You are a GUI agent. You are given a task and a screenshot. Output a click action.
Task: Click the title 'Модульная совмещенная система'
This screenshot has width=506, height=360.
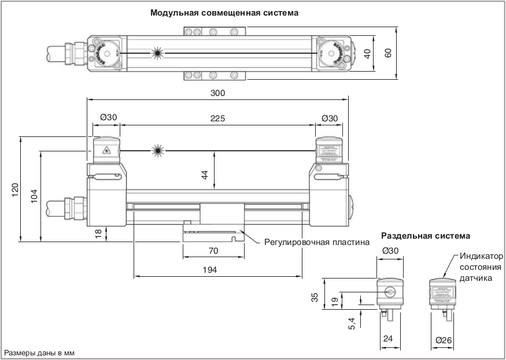224,12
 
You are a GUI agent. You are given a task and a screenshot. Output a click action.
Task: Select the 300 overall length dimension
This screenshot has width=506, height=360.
217,92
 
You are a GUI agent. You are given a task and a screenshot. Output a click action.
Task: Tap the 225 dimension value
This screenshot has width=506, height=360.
217,118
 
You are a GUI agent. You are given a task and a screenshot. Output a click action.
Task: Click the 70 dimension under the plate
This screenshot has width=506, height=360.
213,251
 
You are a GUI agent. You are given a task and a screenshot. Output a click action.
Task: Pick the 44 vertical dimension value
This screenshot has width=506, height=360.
205,175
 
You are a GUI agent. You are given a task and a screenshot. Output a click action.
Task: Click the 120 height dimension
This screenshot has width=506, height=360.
15,189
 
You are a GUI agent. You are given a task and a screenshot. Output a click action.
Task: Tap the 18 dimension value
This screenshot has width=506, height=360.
98,233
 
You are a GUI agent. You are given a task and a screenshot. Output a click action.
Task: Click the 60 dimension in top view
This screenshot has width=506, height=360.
389,53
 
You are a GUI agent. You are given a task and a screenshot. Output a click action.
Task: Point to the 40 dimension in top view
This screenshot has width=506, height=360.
366,53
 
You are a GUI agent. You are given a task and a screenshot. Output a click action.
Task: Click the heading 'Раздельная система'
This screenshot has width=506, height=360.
426,236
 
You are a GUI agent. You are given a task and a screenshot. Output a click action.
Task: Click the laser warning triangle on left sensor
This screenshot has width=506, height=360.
106,151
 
